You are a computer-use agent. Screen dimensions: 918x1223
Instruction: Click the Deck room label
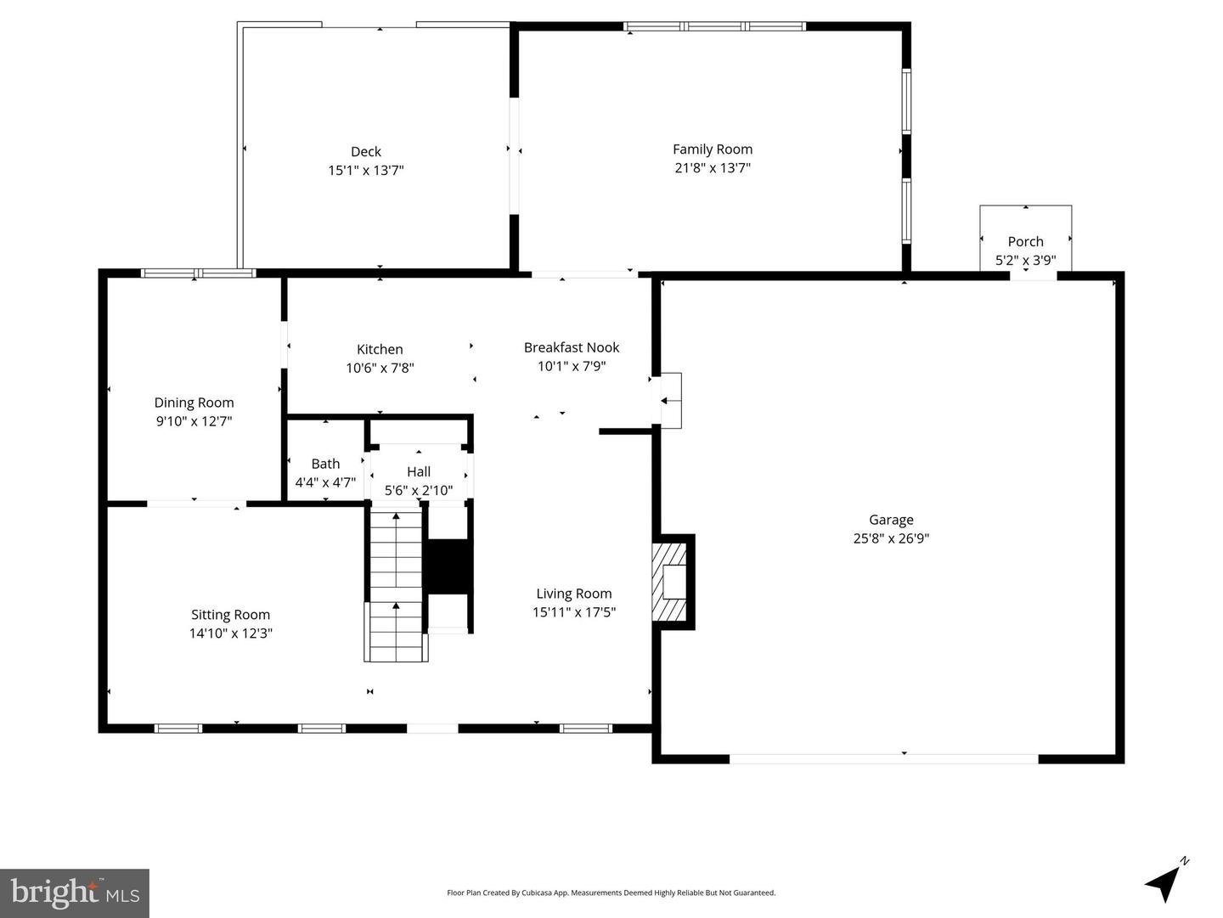[x=366, y=152]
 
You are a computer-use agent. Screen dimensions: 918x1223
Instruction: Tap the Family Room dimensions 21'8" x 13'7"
[x=713, y=168]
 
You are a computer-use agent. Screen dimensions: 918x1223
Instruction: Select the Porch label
[x=1025, y=242]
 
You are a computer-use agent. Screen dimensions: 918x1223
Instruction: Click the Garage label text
[x=891, y=520]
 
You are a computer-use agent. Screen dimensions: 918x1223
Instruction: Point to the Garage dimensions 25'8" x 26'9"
[x=891, y=538]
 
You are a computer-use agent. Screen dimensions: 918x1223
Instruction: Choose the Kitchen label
[x=380, y=349]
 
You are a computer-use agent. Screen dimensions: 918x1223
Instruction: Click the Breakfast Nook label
[x=572, y=347]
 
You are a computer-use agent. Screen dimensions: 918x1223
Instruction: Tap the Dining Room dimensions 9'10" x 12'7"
[x=194, y=421]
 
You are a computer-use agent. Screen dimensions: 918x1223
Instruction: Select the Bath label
[x=325, y=464]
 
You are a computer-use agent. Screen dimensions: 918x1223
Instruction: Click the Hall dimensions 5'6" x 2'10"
[x=419, y=491]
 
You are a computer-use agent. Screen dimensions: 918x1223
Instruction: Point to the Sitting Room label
[x=230, y=615]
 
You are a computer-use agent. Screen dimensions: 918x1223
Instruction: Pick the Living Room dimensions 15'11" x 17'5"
[x=574, y=612]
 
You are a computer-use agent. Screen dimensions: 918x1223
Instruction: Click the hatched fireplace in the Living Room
[x=669, y=583]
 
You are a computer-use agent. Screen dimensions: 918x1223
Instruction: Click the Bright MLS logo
[x=75, y=893]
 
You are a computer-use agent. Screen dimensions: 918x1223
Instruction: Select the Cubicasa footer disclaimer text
[x=611, y=893]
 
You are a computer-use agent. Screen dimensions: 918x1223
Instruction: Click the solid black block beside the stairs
[x=448, y=566]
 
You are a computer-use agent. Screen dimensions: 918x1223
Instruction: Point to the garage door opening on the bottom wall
[x=883, y=758]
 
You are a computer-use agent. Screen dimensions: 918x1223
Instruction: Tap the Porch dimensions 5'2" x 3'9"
[x=1025, y=261]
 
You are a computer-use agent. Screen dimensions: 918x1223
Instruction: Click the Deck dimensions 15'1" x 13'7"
[x=366, y=171]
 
